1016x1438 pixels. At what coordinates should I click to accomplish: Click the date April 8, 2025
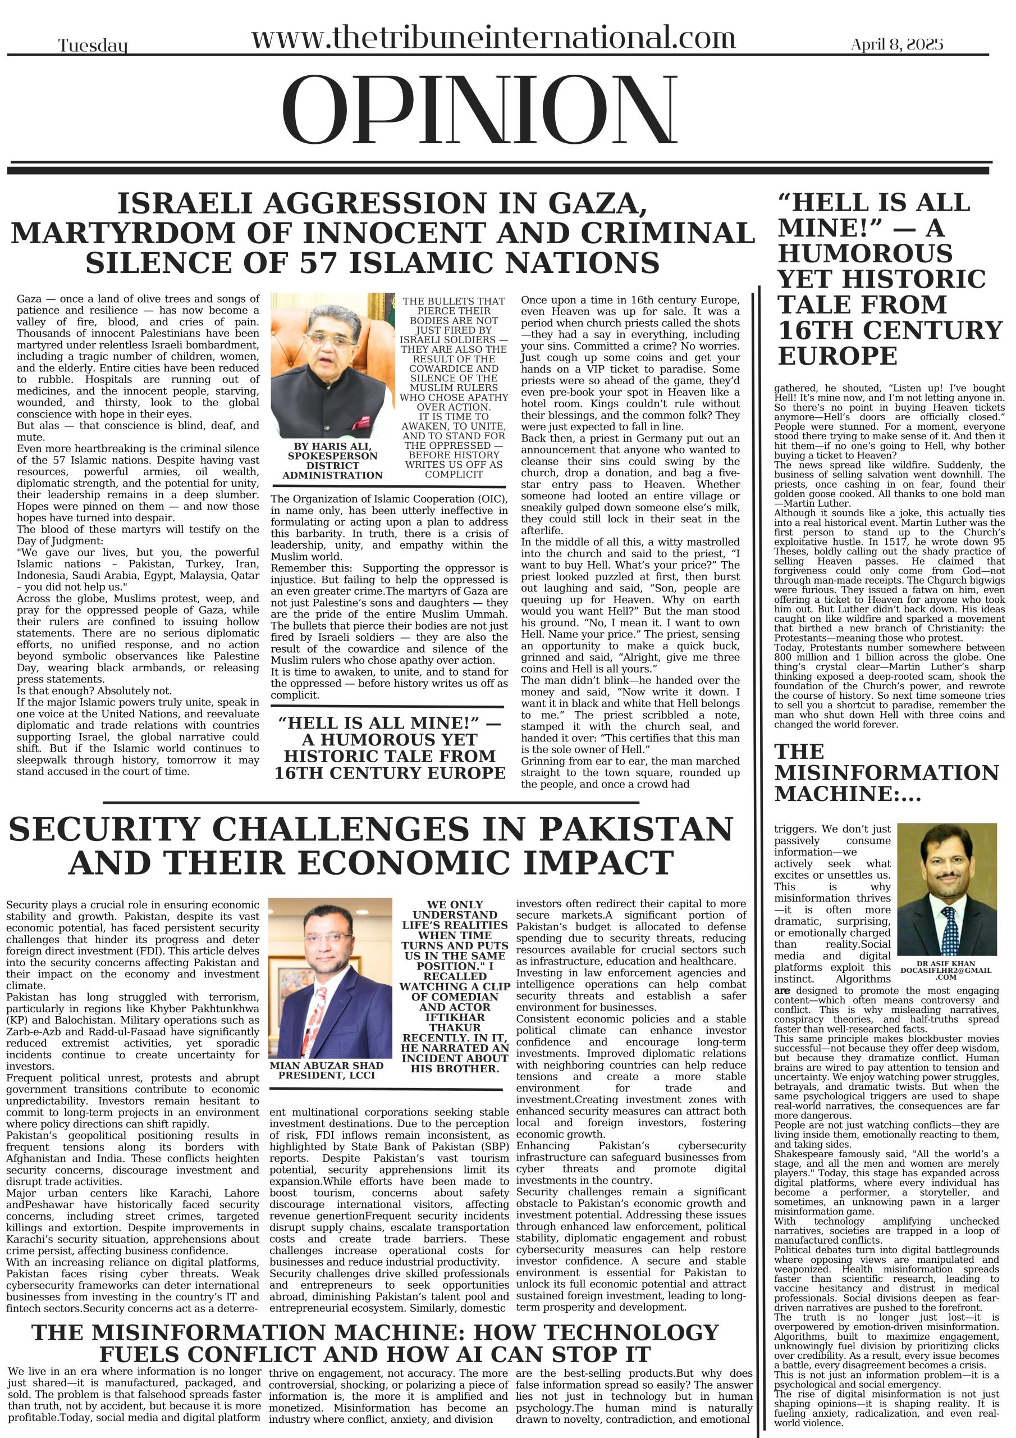[x=896, y=44]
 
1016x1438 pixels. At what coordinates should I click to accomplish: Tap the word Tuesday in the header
[x=93, y=45]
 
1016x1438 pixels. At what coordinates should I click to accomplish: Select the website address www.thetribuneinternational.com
[x=493, y=38]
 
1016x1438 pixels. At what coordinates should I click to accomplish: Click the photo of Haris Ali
[x=332, y=366]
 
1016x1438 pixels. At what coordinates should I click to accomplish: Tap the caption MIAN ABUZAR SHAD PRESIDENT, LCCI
[x=327, y=1071]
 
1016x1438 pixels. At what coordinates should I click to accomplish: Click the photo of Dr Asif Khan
[x=946, y=888]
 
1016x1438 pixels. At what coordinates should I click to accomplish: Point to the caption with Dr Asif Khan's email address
[x=946, y=971]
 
